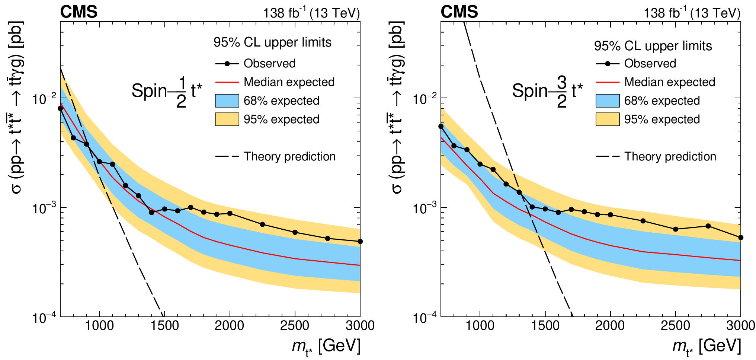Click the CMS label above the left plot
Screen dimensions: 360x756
(79, 12)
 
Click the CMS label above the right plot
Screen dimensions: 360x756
(459, 12)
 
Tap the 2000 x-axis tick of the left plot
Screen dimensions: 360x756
(230, 326)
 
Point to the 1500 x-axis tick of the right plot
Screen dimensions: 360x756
(545, 326)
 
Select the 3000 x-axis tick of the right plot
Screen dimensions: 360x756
(740, 326)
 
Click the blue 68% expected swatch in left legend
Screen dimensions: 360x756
(227, 101)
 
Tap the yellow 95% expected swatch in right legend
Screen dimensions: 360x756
(608, 119)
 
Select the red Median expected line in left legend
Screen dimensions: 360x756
(227, 82)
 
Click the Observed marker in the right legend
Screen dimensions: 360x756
(608, 64)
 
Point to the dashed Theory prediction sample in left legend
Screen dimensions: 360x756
(227, 156)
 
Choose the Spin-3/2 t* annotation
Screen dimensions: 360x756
(547, 91)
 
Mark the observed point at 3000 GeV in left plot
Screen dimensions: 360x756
(360, 242)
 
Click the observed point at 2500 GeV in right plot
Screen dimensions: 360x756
(676, 229)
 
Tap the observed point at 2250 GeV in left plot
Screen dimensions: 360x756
(262, 224)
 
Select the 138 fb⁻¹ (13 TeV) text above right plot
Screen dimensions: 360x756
(692, 13)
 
